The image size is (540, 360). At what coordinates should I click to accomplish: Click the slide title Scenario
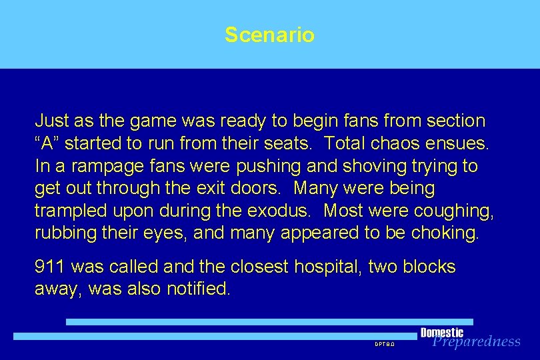coord(269,35)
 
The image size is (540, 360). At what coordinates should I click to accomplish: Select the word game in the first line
coord(139,121)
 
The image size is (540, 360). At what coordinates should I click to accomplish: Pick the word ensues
coord(464,143)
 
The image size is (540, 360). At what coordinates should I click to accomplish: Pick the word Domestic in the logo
coord(441,333)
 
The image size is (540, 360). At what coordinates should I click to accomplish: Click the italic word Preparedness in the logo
coord(476,342)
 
